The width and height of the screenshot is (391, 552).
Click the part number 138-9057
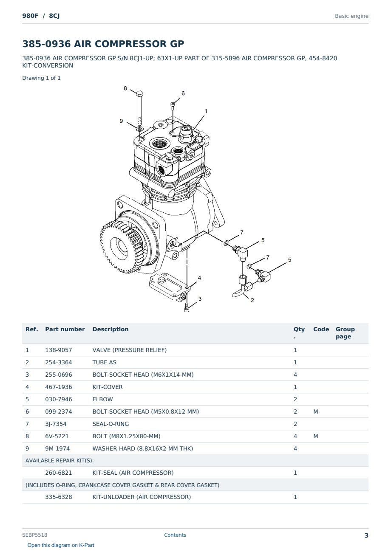pyautogui.click(x=59, y=350)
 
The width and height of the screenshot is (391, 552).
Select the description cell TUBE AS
pyautogui.click(x=104, y=362)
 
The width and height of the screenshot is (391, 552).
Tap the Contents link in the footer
pyautogui.click(x=175, y=535)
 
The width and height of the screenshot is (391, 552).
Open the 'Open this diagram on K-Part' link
pyautogui.click(x=61, y=545)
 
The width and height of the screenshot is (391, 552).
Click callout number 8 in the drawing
pyautogui.click(x=125, y=88)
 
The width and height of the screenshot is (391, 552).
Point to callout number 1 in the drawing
pyautogui.click(x=206, y=111)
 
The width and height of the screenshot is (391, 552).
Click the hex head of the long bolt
pyautogui.click(x=140, y=94)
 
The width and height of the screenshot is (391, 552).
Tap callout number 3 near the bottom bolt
pyautogui.click(x=200, y=299)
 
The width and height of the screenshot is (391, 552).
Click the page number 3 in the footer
pyautogui.click(x=366, y=535)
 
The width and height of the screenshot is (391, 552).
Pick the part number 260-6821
pyautogui.click(x=59, y=473)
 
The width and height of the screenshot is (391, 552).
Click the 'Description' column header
pyautogui.click(x=110, y=329)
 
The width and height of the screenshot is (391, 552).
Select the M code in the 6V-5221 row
pyautogui.click(x=315, y=436)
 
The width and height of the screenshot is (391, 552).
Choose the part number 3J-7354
pyautogui.click(x=56, y=424)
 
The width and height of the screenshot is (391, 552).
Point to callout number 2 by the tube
pyautogui.click(x=252, y=300)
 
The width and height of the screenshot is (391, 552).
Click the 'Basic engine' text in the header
pyautogui.click(x=351, y=16)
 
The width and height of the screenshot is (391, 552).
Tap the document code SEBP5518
pyautogui.click(x=35, y=535)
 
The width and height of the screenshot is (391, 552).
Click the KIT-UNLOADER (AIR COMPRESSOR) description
pyautogui.click(x=142, y=497)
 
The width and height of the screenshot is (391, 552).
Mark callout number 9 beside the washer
pyautogui.click(x=121, y=121)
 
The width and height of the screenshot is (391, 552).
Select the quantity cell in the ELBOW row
pyautogui.click(x=295, y=399)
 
